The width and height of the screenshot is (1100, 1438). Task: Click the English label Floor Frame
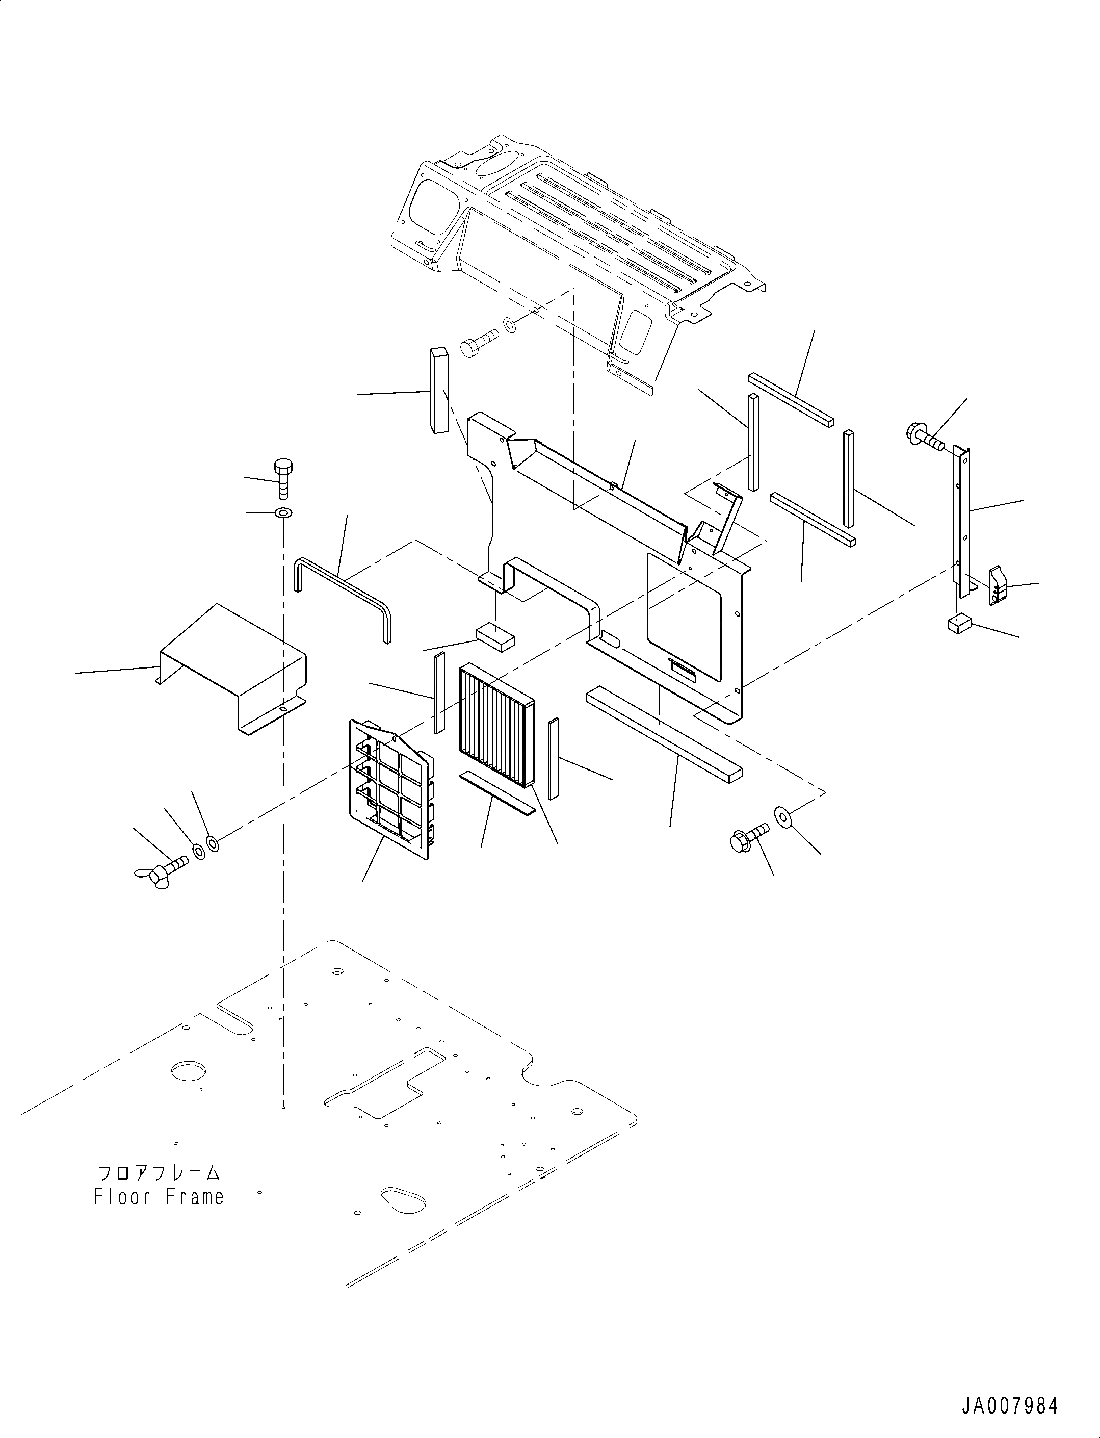click(159, 1197)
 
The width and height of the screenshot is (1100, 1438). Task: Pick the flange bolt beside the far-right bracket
click(925, 436)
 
